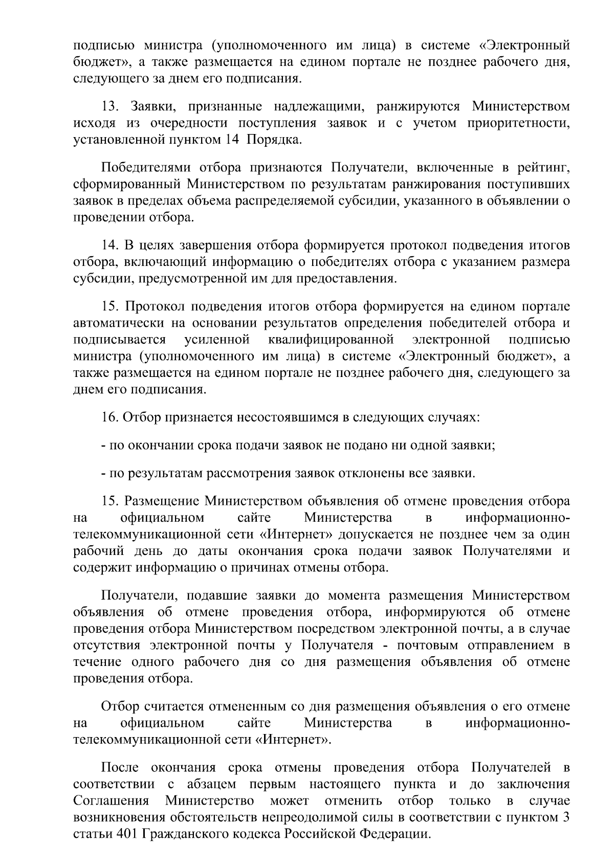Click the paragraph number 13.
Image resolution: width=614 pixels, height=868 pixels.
(x=111, y=107)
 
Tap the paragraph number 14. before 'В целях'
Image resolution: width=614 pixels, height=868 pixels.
(x=111, y=246)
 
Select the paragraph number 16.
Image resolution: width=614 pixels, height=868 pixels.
(x=111, y=417)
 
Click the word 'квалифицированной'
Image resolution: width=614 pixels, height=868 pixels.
(x=331, y=340)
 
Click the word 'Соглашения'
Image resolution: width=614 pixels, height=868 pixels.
(x=111, y=800)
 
